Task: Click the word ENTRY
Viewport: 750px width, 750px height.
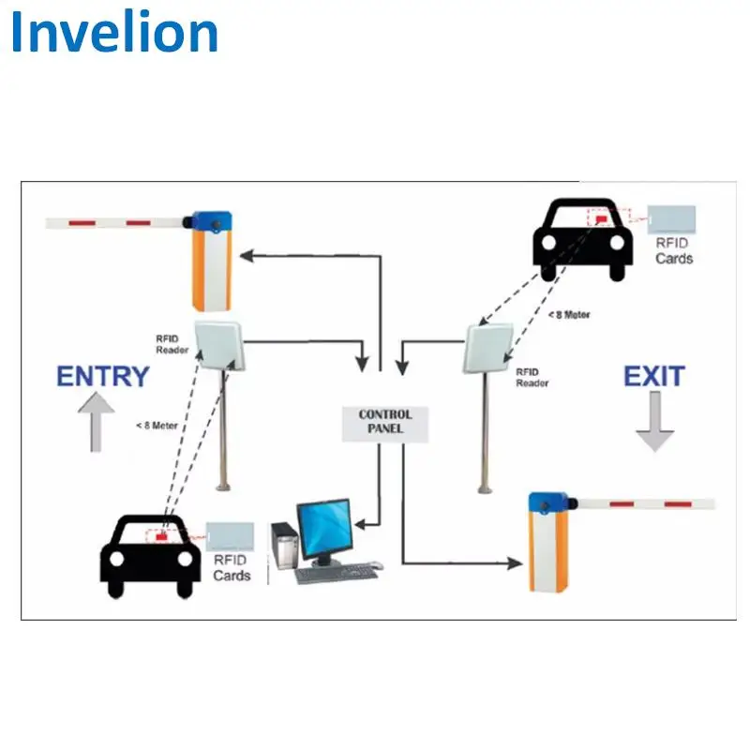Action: [x=103, y=377]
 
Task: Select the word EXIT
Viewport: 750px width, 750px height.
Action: [x=653, y=377]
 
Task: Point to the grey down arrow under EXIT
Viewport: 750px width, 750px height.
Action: [x=654, y=423]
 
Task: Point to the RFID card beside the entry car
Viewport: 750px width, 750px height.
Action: [x=231, y=536]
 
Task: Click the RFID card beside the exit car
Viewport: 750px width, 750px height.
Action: [x=673, y=219]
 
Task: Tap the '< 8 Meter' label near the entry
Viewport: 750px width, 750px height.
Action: [x=156, y=425]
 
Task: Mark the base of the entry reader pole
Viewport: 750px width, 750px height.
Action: [x=224, y=485]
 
